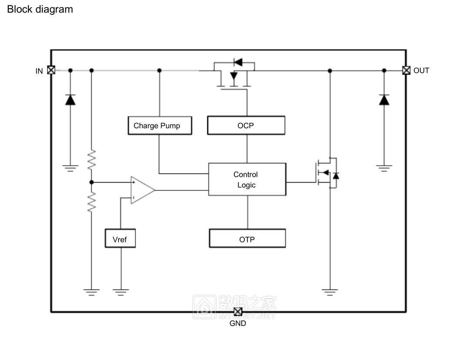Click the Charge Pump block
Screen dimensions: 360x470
(x=160, y=126)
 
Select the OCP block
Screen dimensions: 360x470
(x=246, y=126)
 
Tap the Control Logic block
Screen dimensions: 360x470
(x=247, y=180)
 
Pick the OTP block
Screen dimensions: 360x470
(x=247, y=239)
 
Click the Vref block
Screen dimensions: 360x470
(x=120, y=239)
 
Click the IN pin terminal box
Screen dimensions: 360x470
(x=51, y=70)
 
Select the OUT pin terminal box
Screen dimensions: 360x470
(x=406, y=70)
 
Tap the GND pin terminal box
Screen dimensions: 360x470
(x=237, y=312)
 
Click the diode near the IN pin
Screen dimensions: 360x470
(x=70, y=100)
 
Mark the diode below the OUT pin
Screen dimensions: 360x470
(x=384, y=100)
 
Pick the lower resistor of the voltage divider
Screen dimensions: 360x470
(x=91, y=203)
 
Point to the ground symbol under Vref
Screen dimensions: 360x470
(x=121, y=292)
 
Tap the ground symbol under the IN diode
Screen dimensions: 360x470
(x=70, y=168)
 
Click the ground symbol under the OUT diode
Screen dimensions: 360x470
(x=384, y=168)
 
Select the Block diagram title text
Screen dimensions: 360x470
(x=40, y=9)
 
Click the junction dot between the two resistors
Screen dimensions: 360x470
(x=91, y=182)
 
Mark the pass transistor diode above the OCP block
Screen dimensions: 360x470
(x=238, y=62)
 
